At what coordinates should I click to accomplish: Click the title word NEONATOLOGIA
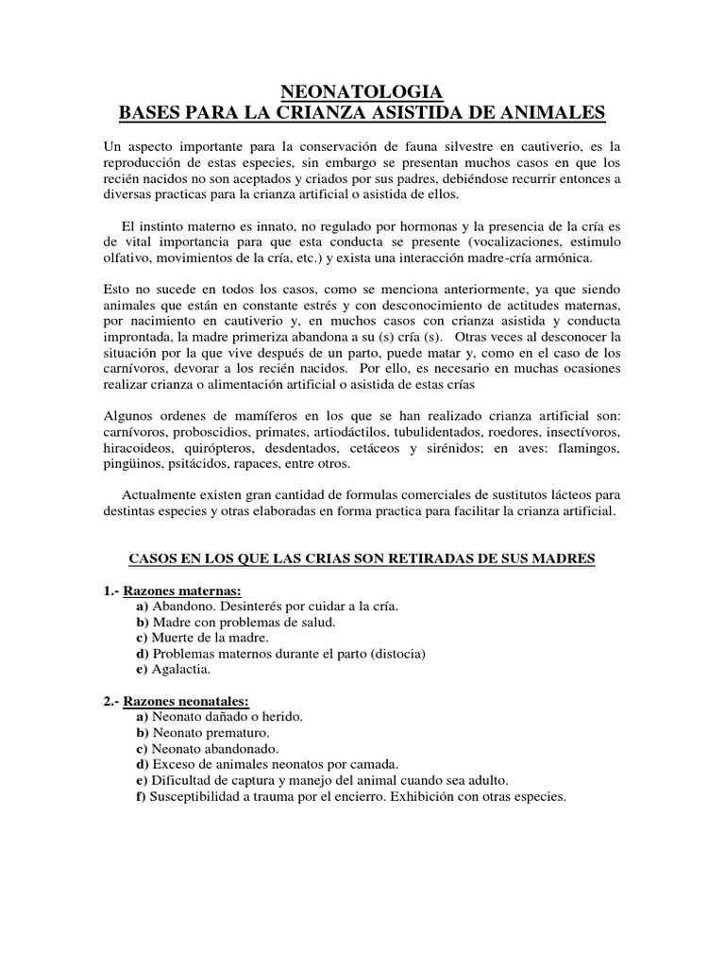click(x=362, y=92)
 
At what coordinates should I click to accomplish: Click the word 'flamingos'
click(x=587, y=448)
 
